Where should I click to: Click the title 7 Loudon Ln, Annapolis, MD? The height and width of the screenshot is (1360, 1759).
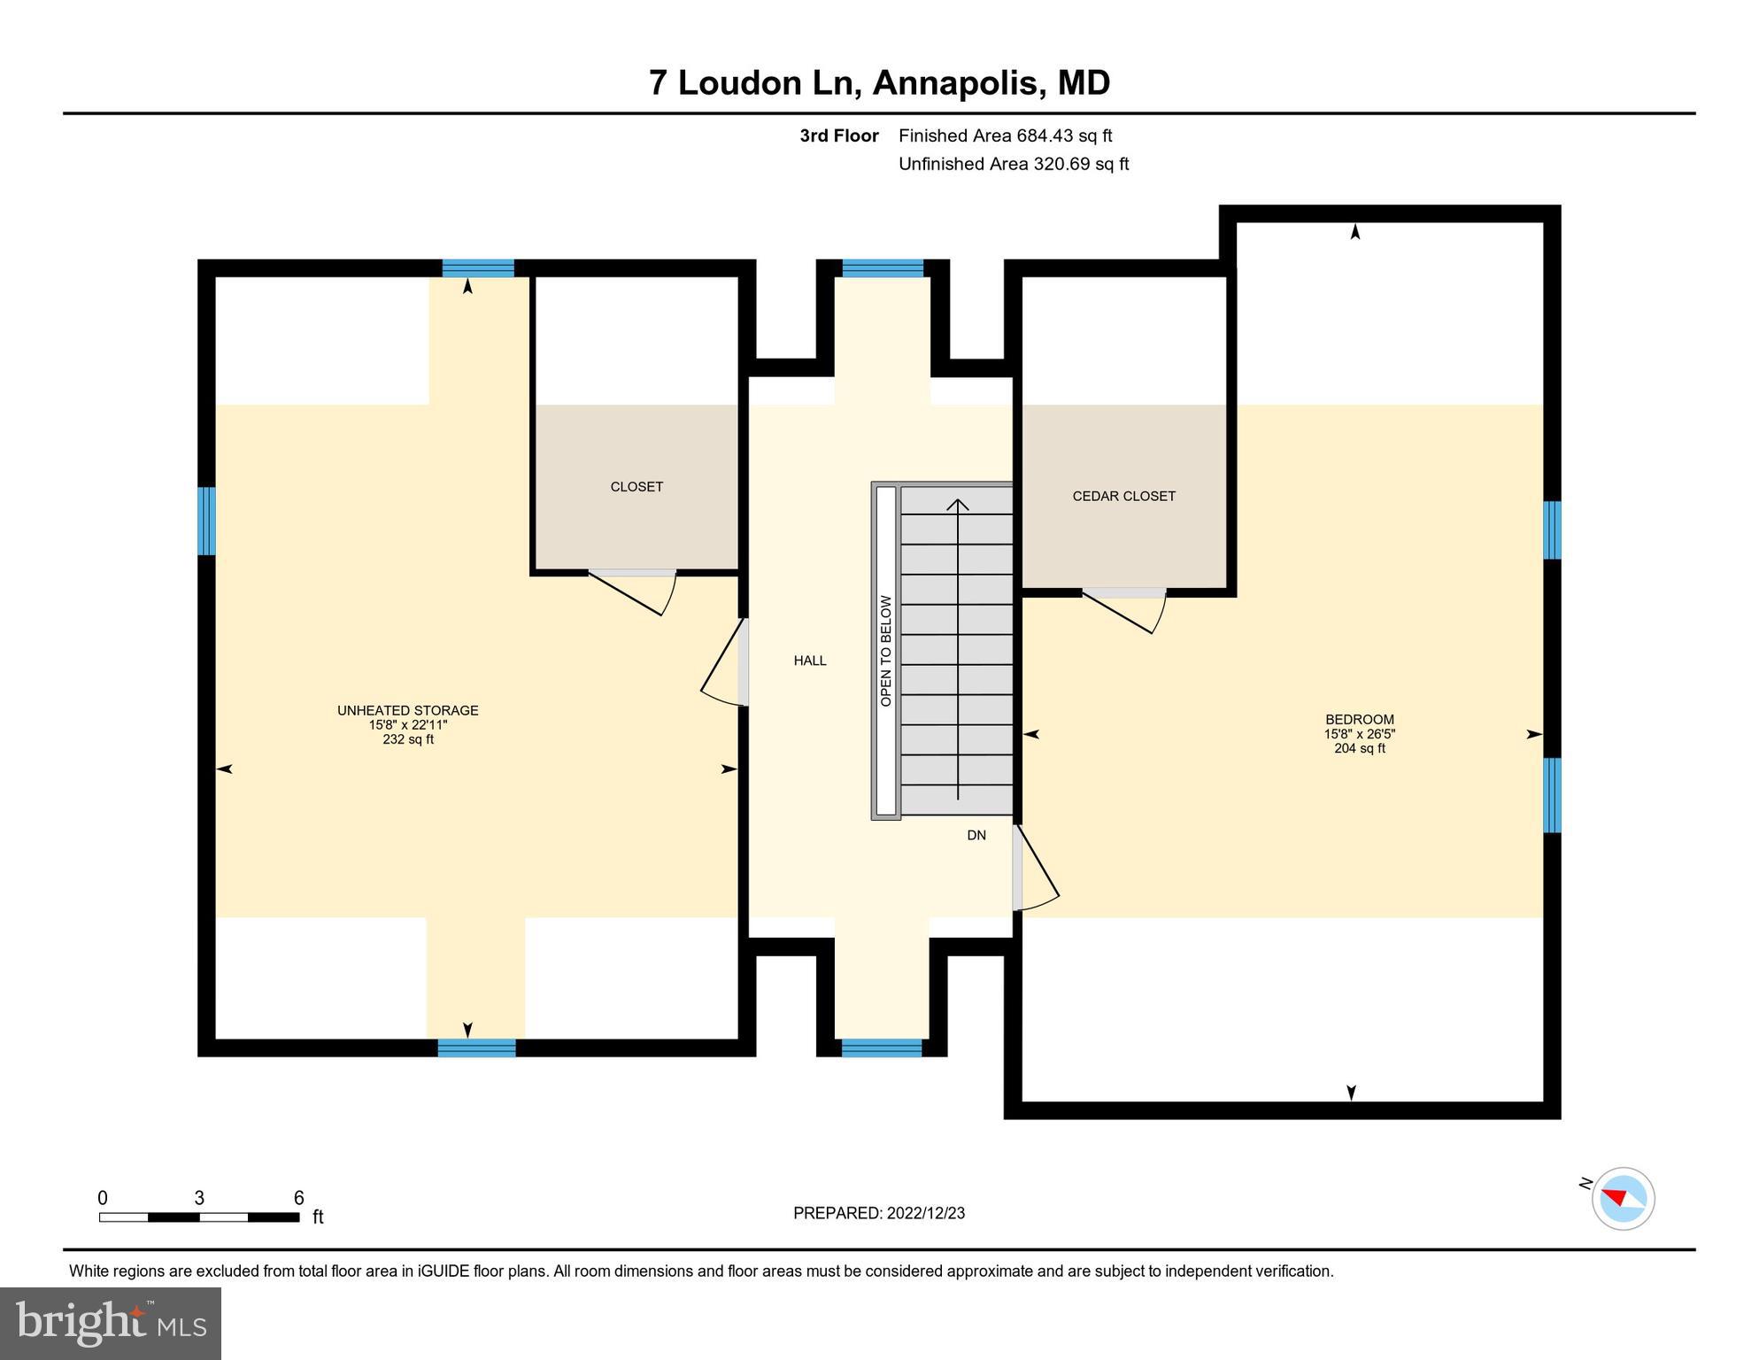click(x=879, y=82)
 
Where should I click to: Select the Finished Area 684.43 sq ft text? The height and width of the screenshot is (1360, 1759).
click(x=1005, y=135)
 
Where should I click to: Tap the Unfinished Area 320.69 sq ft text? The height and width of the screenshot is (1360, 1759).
click(x=1013, y=164)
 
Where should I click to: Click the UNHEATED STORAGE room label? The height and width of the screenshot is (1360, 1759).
click(x=407, y=710)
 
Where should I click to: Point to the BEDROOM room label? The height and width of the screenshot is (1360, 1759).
click(x=1359, y=720)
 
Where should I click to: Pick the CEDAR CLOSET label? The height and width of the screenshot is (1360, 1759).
click(x=1123, y=496)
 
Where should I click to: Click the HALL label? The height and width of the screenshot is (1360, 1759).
click(x=809, y=661)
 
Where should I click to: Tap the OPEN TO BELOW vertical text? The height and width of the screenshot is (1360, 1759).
click(x=885, y=651)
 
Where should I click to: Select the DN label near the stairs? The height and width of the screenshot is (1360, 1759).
click(x=976, y=835)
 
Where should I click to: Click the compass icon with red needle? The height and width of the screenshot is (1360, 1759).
click(x=1623, y=1198)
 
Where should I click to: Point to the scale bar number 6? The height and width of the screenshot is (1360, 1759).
click(x=298, y=1198)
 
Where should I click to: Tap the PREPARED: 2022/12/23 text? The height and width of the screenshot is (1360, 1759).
click(x=878, y=1213)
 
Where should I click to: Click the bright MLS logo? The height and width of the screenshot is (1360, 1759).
click(x=111, y=1323)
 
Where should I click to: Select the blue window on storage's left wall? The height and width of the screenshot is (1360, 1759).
click(x=206, y=521)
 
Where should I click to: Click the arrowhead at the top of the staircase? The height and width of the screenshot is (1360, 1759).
click(x=957, y=506)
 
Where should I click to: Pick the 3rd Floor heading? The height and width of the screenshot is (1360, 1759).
click(x=838, y=135)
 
